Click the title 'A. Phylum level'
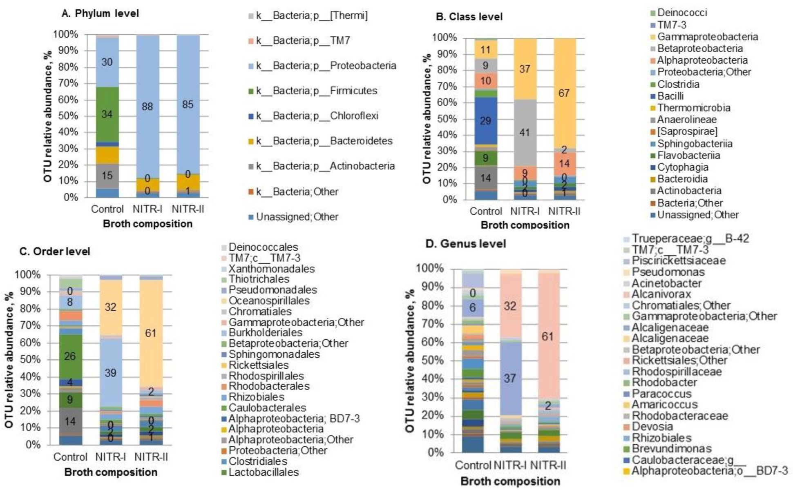(x=100, y=13)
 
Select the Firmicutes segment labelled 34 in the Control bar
(x=107, y=114)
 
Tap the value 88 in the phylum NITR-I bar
(x=147, y=107)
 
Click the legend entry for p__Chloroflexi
(x=317, y=116)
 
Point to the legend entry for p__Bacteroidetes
(x=324, y=141)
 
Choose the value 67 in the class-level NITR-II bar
(x=564, y=93)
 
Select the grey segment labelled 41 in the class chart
(x=525, y=133)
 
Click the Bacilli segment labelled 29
(x=485, y=121)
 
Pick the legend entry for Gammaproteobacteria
(x=707, y=37)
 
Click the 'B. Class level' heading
(x=469, y=17)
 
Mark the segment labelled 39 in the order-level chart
(x=111, y=373)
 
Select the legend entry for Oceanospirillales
(x=269, y=301)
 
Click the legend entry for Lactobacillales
(x=264, y=472)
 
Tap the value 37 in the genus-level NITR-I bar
(x=509, y=379)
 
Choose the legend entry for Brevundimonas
(x=671, y=449)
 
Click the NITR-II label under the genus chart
(x=548, y=465)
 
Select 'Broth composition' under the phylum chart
(x=147, y=224)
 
